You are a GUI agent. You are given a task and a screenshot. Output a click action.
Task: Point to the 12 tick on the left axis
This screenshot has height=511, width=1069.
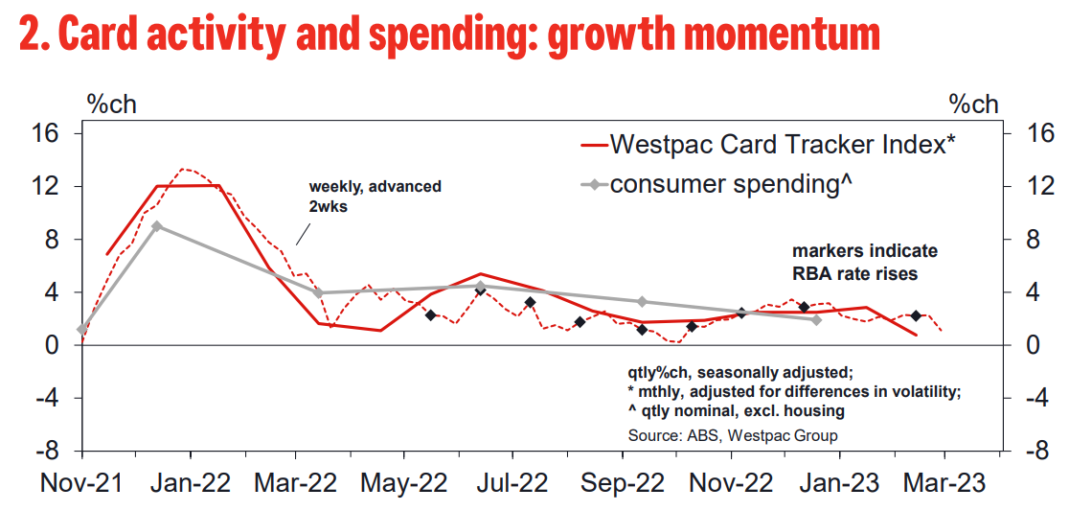point(51,186)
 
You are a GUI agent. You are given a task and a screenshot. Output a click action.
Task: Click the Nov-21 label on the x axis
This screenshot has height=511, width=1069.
point(81,483)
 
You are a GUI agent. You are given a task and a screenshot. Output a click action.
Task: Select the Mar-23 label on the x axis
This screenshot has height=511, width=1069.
point(944,483)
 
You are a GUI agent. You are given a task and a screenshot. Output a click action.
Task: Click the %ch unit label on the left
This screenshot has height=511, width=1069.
point(112,104)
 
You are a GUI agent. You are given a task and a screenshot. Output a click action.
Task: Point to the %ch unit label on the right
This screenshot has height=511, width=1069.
point(973,104)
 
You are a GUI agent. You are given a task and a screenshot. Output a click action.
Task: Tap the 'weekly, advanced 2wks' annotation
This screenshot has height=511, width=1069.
point(375,195)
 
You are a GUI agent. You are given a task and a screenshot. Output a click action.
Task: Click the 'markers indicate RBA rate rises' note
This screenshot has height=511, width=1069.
point(864,263)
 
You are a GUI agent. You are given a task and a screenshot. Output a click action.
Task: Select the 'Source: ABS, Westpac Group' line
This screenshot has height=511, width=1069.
point(733,435)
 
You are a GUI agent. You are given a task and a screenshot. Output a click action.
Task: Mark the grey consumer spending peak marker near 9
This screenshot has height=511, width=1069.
point(157,226)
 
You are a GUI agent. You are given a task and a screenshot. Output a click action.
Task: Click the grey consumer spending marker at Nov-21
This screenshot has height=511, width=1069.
point(82,330)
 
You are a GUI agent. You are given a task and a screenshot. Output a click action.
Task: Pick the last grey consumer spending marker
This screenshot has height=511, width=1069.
point(816,320)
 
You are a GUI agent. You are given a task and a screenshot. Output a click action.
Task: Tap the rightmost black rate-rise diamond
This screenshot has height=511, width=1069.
point(916,316)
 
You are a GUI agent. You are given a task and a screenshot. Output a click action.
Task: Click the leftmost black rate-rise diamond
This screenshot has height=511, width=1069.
point(431,315)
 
